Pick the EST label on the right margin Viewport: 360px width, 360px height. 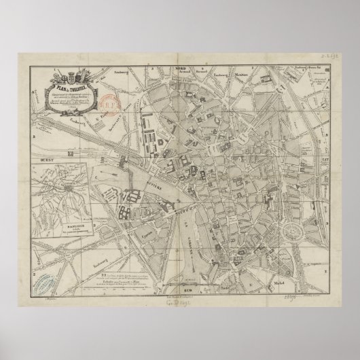click(x=323, y=155)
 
